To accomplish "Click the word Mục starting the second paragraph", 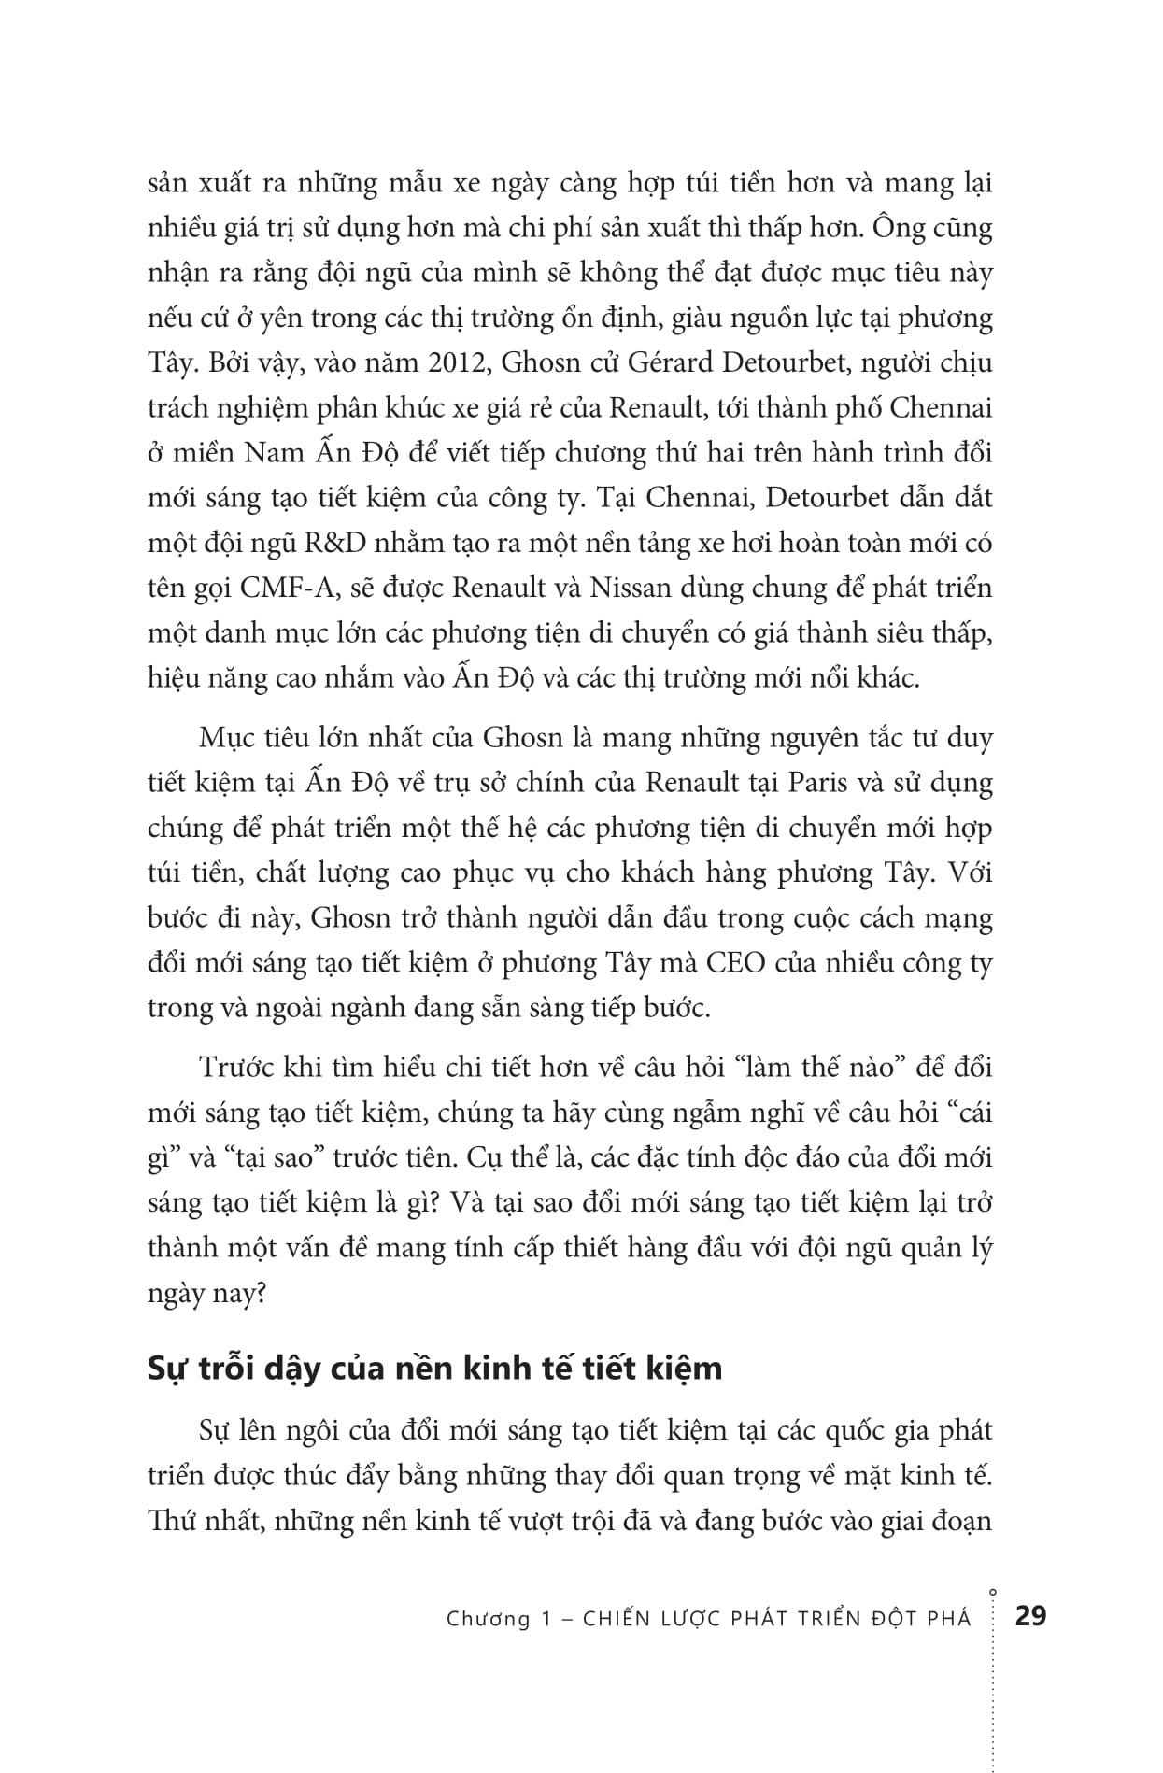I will coord(223,738).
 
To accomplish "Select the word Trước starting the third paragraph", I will coord(232,1068).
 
